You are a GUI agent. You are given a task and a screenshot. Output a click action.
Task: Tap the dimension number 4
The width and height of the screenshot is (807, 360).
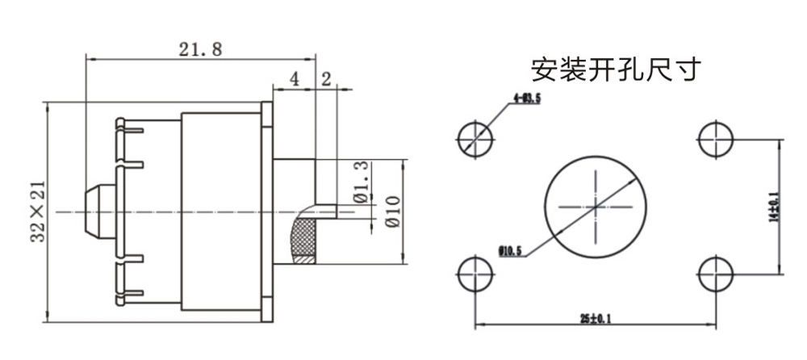pos(294,79)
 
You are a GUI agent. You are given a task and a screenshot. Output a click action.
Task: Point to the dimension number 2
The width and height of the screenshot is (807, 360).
pos(326,79)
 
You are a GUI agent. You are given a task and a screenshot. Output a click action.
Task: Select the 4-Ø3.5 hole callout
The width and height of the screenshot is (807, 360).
pos(526,98)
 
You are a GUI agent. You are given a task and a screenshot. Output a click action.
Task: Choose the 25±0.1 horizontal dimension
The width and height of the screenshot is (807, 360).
pos(595,317)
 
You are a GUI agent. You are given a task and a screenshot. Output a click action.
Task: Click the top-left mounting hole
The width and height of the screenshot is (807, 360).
pos(475,139)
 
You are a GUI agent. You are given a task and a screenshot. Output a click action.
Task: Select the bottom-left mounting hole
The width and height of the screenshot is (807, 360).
pos(475,274)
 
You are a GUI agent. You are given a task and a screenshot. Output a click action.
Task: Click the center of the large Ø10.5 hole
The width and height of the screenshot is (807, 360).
pos(596,206)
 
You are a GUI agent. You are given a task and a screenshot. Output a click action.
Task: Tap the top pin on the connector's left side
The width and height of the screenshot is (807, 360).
pos(128,125)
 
